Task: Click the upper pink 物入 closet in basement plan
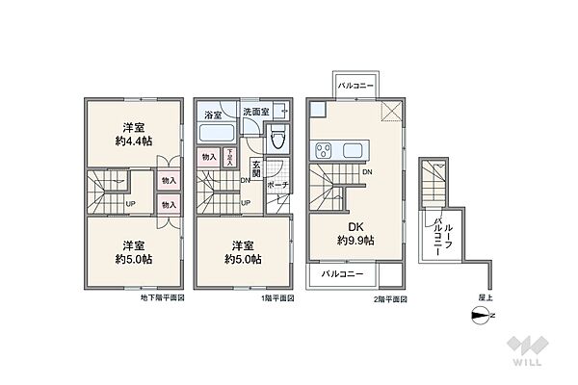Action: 168,180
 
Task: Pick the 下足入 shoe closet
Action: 228,157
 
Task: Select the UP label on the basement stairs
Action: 129,204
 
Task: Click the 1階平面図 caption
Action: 276,298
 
